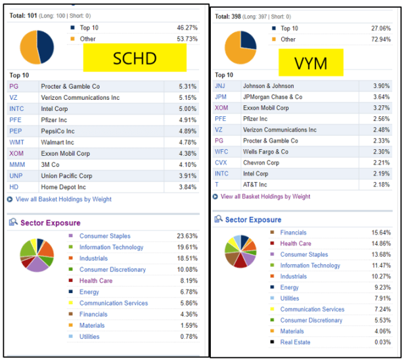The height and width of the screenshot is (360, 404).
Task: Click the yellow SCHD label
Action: tap(134, 59)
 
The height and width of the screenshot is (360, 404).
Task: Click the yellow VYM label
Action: tap(311, 64)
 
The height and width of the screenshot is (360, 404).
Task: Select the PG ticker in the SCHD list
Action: tap(14, 86)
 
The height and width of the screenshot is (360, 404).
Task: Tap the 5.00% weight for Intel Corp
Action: tap(188, 108)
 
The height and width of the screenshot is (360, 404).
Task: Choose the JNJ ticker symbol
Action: tap(220, 86)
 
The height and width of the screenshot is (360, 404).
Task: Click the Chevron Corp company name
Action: tap(260, 162)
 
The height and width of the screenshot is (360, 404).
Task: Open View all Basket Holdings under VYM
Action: tap(265, 196)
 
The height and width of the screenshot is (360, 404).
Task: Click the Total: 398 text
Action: tap(231, 16)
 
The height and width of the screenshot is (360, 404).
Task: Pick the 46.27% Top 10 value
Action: tap(187, 28)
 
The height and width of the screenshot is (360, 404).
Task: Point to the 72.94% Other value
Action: tap(382, 39)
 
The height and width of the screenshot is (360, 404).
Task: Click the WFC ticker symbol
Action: tap(221, 152)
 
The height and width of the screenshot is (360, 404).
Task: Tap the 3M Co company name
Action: tap(51, 165)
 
